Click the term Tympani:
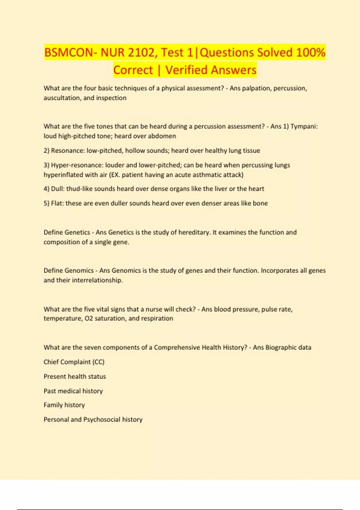coord(304,126)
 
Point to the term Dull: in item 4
coord(58,189)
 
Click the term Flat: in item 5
coord(57,203)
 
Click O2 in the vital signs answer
coord(89,318)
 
